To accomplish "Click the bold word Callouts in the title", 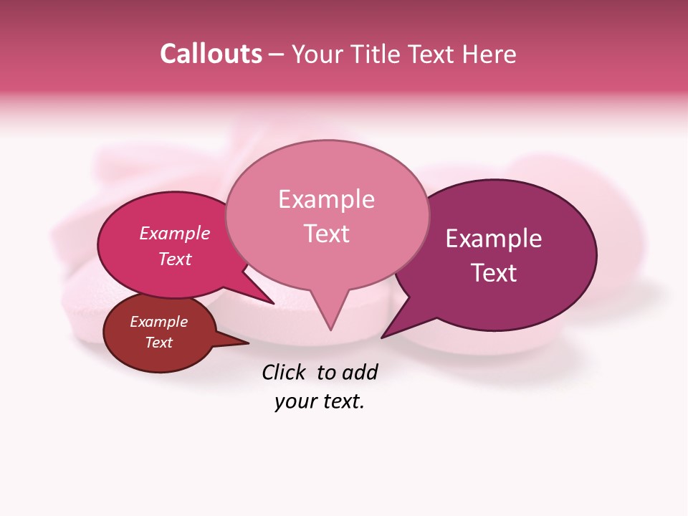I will (x=211, y=54).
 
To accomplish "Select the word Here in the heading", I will (x=490, y=54).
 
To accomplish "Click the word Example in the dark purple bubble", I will (x=494, y=239).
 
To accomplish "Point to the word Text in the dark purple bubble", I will (x=494, y=273).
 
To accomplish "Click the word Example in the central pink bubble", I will (x=326, y=199).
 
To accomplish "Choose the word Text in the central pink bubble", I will (x=326, y=234).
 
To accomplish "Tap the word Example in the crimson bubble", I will (x=175, y=233).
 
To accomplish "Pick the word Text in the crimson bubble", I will (x=175, y=259).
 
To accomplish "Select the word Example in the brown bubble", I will (x=159, y=322).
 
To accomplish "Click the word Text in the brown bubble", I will (x=159, y=343).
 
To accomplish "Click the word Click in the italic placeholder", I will (x=284, y=372).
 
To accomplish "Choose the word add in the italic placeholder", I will (x=360, y=372).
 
